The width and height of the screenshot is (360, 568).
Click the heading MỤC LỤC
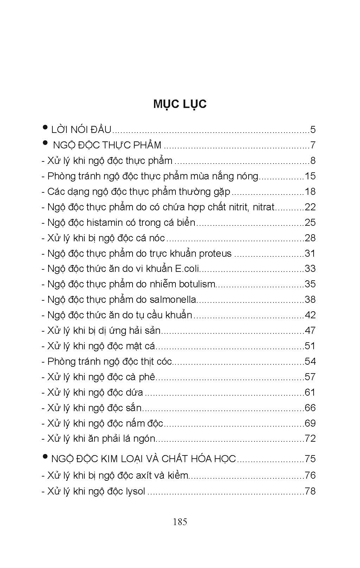pos(180,104)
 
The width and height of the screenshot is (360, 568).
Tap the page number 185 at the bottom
pos(180,522)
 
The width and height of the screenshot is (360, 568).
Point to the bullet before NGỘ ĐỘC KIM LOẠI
pos(45,457)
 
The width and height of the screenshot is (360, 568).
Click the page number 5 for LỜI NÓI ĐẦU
pos(313,130)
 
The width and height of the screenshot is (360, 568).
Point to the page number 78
pos(310,491)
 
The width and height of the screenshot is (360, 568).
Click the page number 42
pos(310,315)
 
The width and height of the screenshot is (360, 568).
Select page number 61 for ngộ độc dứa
pos(310,393)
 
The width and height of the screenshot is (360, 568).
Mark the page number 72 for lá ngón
pos(310,439)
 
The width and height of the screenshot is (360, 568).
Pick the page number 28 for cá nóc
pos(310,238)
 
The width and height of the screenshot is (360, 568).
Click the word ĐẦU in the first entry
pos(101,130)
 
